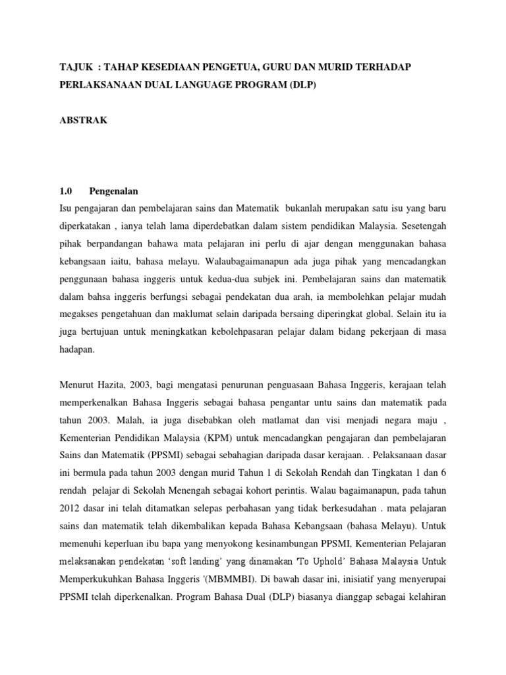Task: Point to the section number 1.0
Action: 65,191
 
